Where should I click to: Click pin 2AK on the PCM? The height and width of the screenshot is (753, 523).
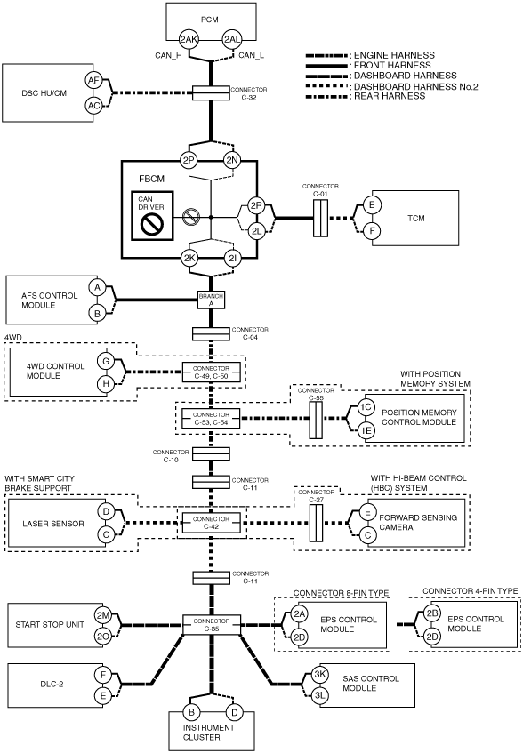coord(189,39)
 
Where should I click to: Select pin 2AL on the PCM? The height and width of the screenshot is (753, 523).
coord(232,39)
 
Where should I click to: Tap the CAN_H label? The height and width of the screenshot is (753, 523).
coord(168,56)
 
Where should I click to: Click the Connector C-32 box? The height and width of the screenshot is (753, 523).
coord(211,93)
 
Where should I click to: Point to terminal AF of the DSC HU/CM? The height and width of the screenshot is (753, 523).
coord(93,81)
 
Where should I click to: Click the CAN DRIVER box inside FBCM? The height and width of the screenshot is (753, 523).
coord(152,216)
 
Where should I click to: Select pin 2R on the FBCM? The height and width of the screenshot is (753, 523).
coord(256,205)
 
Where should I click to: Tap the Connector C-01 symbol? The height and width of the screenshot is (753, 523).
coord(320,218)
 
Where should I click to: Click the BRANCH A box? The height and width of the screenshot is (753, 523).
coord(212,300)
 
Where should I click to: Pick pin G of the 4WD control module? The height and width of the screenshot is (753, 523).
coord(106,361)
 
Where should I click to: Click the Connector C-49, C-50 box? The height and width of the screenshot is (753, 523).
coord(212,372)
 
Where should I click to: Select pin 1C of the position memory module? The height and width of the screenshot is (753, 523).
coord(366,407)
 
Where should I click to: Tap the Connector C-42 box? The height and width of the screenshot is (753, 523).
coord(212,523)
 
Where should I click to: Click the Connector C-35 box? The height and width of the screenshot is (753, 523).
coord(212,625)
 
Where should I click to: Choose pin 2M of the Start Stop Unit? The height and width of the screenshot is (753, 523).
coord(103,615)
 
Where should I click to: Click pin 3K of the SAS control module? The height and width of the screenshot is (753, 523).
coord(320,674)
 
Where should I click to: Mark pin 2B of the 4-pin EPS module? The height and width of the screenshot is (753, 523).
coord(432,613)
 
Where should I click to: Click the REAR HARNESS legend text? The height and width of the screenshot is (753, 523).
coord(390,96)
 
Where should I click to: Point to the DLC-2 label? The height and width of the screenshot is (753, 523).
coord(52,684)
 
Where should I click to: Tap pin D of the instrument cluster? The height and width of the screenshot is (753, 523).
coord(234,712)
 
